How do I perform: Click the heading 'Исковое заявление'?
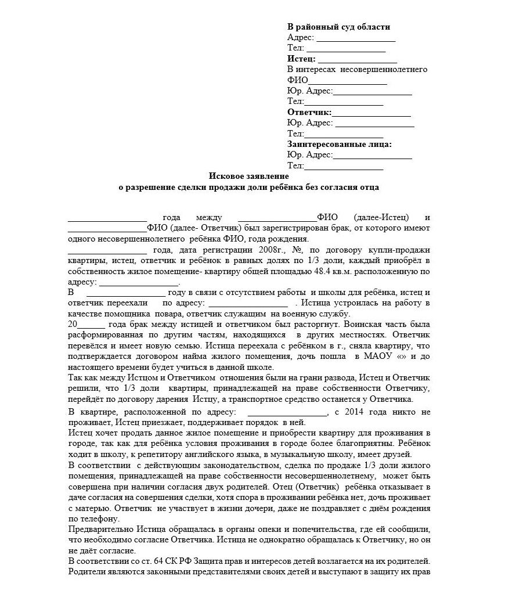248,175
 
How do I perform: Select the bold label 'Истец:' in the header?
301,59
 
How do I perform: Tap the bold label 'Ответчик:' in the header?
309,112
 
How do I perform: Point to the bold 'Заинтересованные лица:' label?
339,144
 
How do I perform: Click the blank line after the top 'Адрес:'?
355,38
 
